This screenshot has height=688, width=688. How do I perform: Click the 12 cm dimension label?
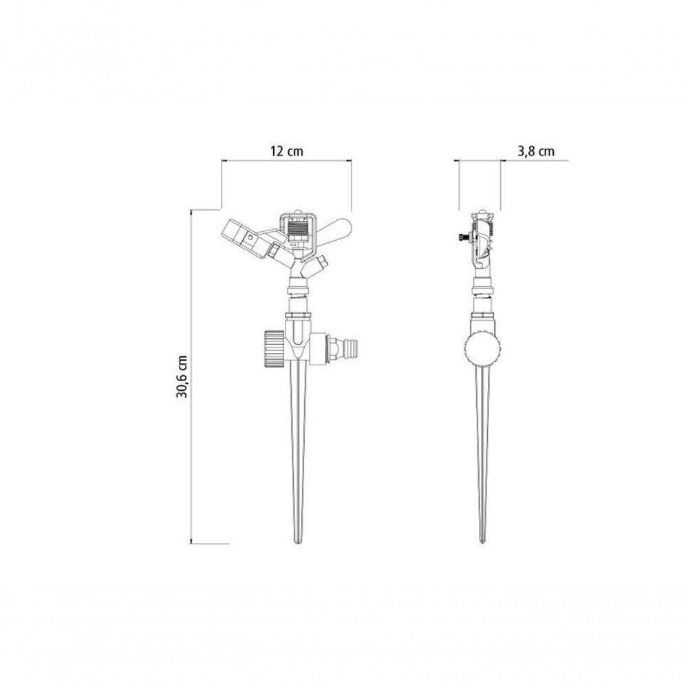pyautogui.click(x=286, y=151)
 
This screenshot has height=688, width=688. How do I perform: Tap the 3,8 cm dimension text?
pyautogui.click(x=536, y=151)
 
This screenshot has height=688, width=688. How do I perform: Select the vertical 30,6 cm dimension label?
pyautogui.click(x=182, y=376)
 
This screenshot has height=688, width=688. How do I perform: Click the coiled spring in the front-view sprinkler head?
pyautogui.click(x=297, y=230)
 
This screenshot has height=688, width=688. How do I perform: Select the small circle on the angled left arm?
pyautogui.click(x=250, y=237)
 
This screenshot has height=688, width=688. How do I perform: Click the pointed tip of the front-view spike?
pyautogui.click(x=298, y=544)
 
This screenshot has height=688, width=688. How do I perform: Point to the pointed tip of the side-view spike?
pyautogui.click(x=483, y=544)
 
